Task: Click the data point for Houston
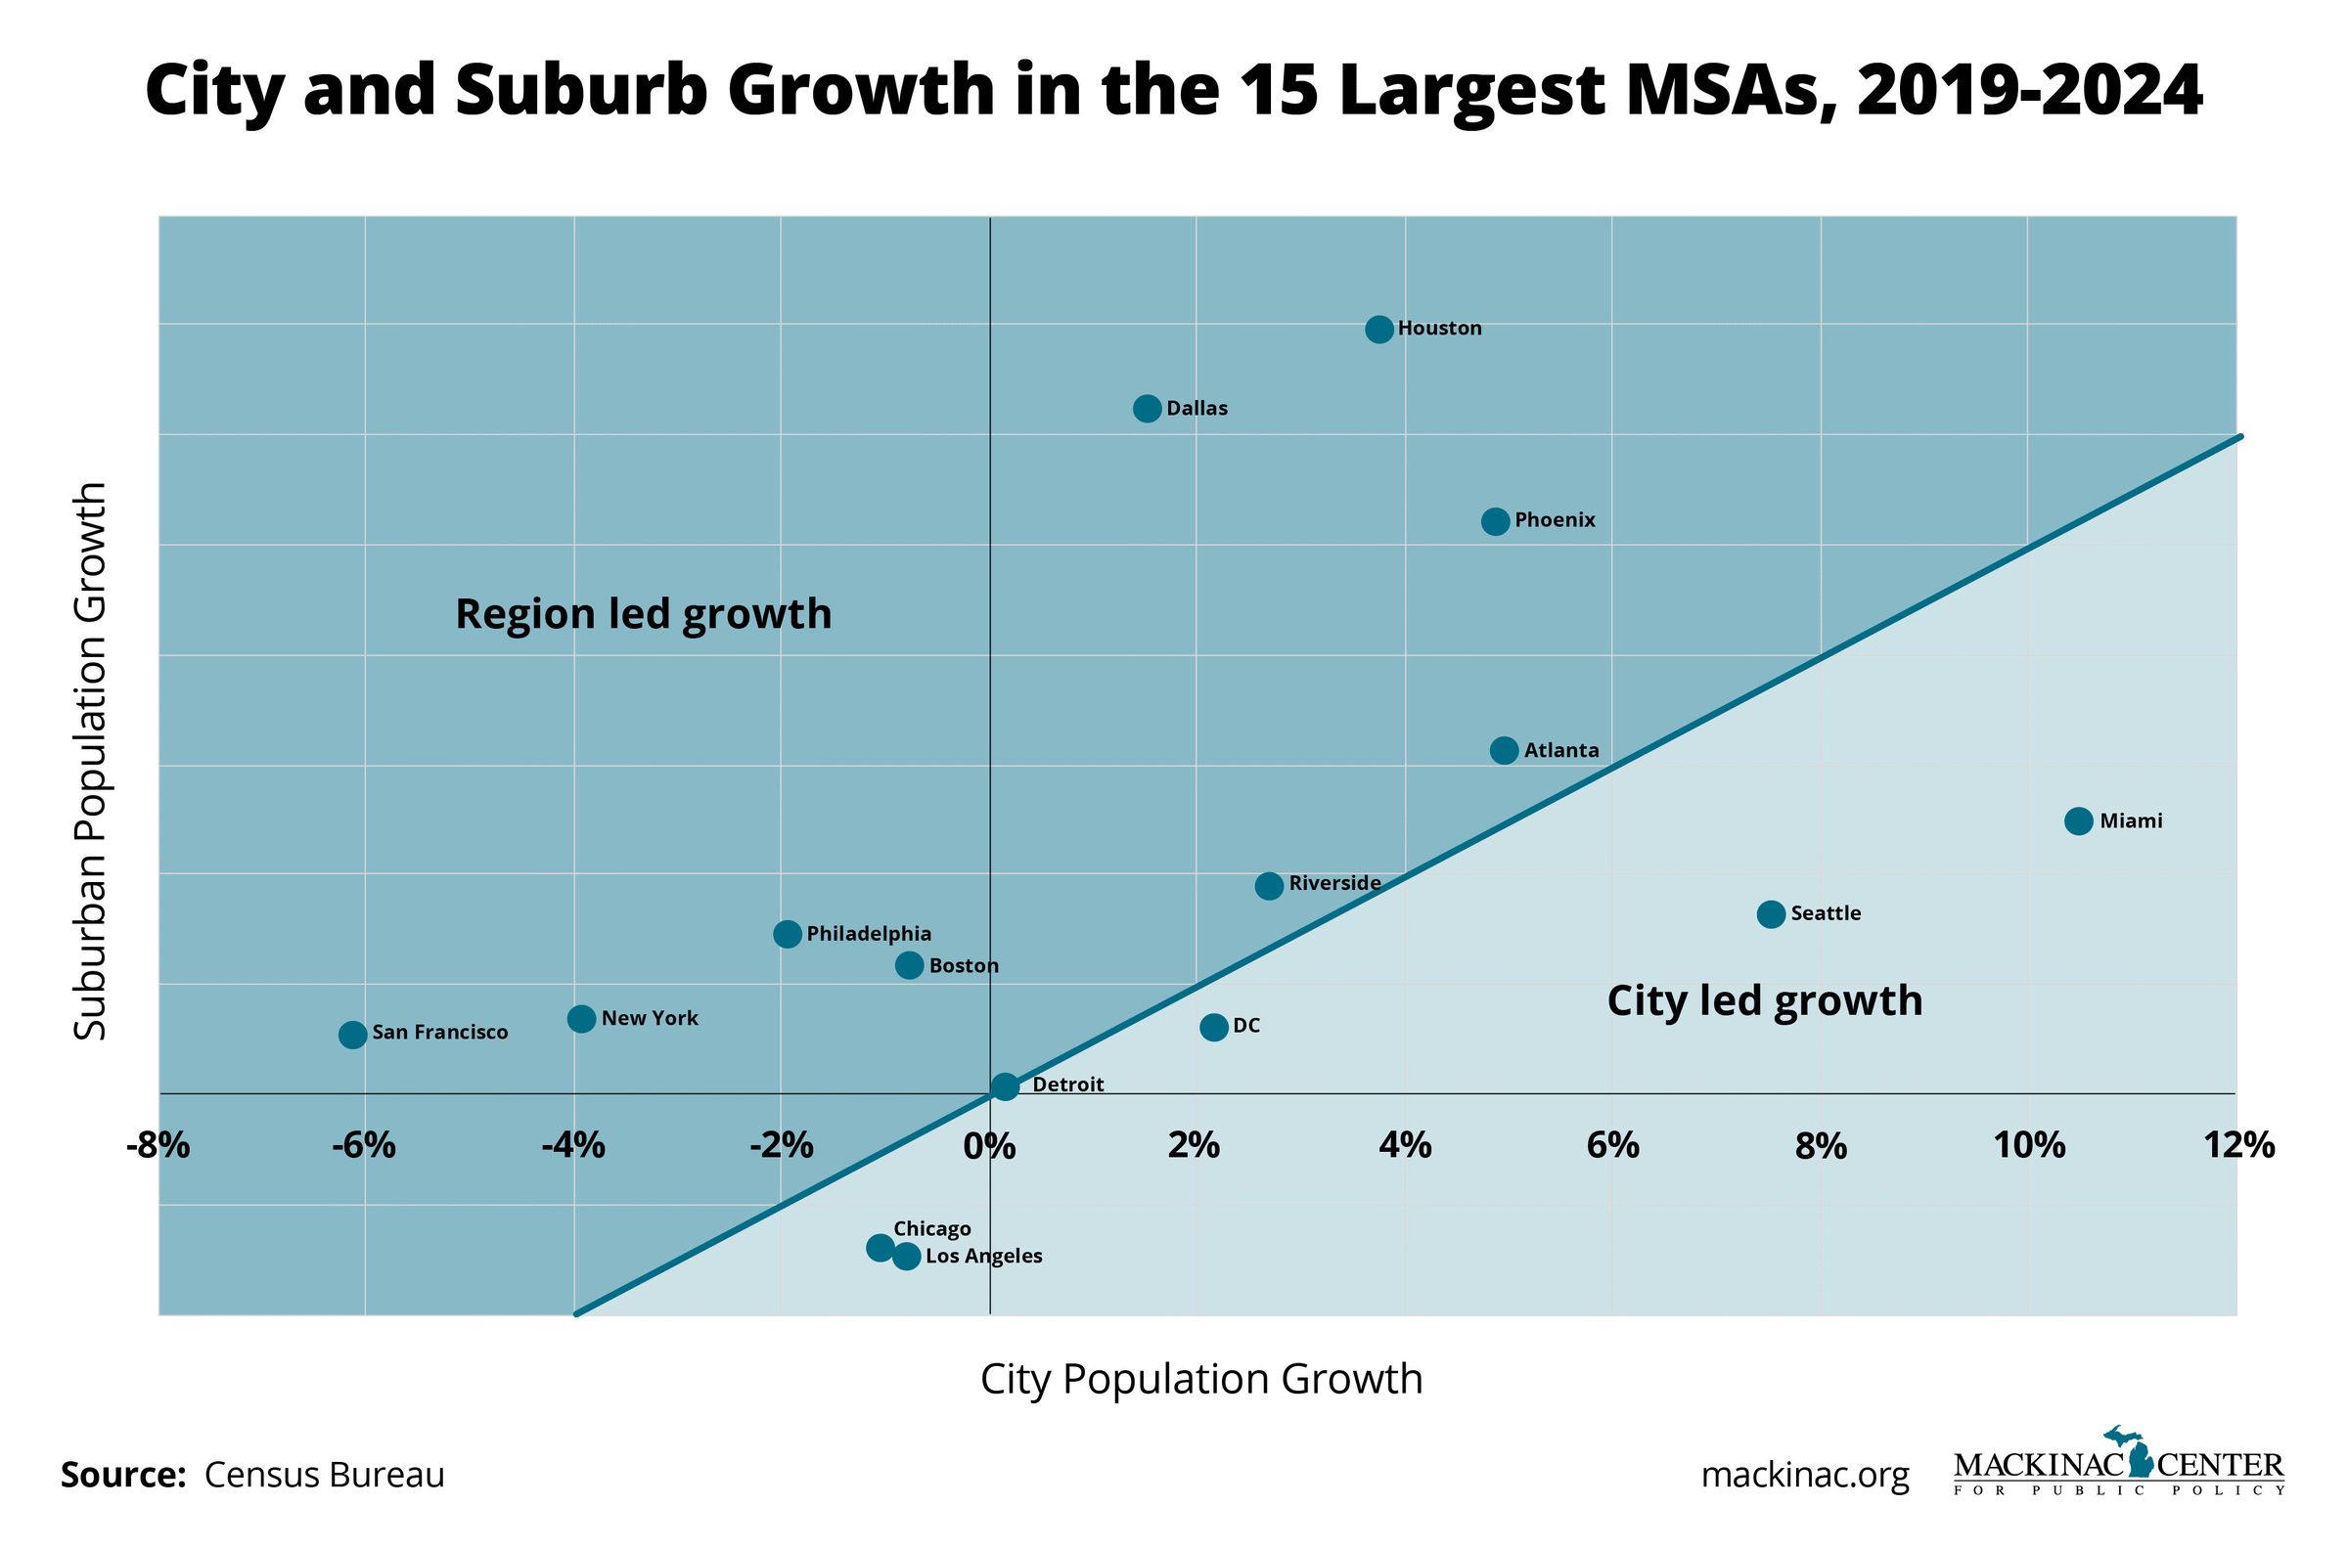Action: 1379,330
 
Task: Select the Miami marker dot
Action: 2078,820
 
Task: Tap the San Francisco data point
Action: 353,1034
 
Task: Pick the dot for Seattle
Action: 1771,913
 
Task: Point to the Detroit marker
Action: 1005,1086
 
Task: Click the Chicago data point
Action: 880,1248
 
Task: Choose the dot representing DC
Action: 1214,1027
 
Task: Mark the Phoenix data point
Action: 1495,521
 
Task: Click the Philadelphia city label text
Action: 869,933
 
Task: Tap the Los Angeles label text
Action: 983,1256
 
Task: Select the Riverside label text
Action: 1334,883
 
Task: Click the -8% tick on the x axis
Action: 158,1146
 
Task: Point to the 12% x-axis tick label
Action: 2238,1146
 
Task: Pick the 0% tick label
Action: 990,1146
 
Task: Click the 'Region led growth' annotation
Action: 644,614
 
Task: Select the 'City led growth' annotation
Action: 1765,1000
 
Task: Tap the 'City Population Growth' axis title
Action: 1201,1379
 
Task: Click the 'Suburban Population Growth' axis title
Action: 91,761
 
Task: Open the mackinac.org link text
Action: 1805,1475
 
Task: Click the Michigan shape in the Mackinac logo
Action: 2141,1459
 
